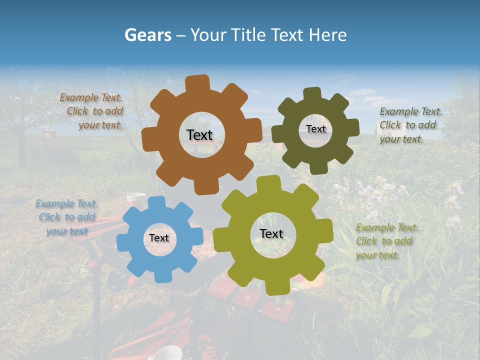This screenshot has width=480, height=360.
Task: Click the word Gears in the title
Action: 147,35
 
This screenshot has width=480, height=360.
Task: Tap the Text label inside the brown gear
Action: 199,135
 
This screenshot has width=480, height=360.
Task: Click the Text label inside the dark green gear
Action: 315,129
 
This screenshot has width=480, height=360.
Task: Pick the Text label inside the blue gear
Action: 159,238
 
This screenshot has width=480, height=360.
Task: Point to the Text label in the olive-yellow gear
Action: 271,233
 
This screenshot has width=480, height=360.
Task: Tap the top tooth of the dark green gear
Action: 312,93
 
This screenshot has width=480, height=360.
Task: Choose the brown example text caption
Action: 92,111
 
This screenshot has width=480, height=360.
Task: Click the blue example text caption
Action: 66,217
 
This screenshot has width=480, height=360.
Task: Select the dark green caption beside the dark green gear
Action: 410,125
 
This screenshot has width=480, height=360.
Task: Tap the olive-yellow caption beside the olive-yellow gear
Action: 386,241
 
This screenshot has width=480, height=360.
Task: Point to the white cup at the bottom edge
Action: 167,352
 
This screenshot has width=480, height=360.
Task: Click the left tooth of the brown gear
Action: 148,138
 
